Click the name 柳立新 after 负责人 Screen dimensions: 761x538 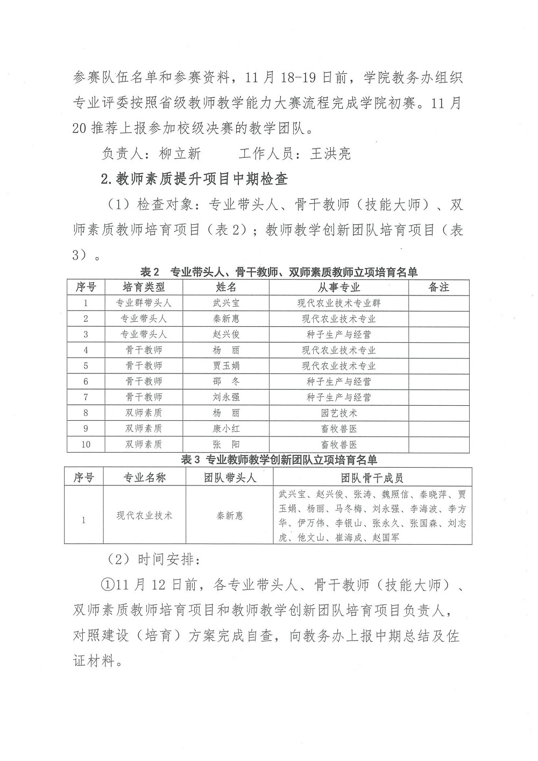click(x=180, y=154)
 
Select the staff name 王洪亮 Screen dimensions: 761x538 click(x=330, y=154)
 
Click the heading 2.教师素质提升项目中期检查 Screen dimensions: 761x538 click(x=194, y=180)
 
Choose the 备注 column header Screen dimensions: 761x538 click(x=438, y=287)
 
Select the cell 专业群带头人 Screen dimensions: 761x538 click(x=144, y=303)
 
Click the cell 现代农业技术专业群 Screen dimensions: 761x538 click(x=338, y=303)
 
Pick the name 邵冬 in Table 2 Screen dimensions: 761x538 click(x=226, y=382)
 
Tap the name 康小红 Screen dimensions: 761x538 click(x=226, y=429)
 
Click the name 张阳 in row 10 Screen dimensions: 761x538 click(x=226, y=445)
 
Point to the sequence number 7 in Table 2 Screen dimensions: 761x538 click(x=86, y=397)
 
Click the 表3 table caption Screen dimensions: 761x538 click(x=279, y=460)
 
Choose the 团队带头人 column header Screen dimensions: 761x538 click(x=230, y=477)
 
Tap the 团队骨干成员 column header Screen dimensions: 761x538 click(x=372, y=477)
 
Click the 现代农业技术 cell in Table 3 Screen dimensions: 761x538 click(x=144, y=516)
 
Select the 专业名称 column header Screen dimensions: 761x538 click(x=144, y=477)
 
